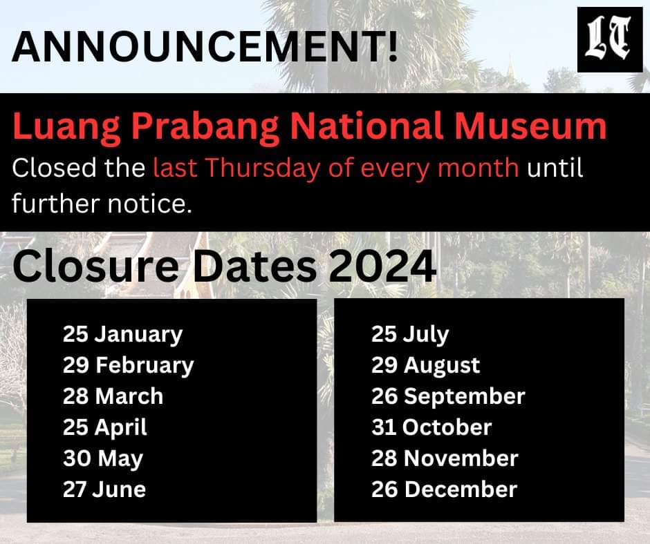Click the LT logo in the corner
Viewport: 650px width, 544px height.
point(610,40)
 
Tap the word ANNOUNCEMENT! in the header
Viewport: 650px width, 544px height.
point(205,46)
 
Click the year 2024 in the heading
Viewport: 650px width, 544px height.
point(382,266)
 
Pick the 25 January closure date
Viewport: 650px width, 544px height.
point(122,335)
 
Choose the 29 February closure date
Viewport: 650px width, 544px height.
point(129,366)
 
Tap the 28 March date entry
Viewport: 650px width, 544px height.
point(113,396)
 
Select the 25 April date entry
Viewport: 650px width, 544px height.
point(105,427)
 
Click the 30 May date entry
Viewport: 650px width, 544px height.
point(103,458)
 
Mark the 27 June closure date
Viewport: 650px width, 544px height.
point(104,489)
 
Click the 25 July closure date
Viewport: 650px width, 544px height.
point(410,335)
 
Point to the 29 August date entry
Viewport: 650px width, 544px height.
point(426,366)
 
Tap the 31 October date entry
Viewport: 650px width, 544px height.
point(431,427)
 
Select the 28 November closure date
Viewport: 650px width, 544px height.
point(445,458)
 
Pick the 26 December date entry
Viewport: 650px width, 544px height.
point(445,489)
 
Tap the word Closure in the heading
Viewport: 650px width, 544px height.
point(96,266)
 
